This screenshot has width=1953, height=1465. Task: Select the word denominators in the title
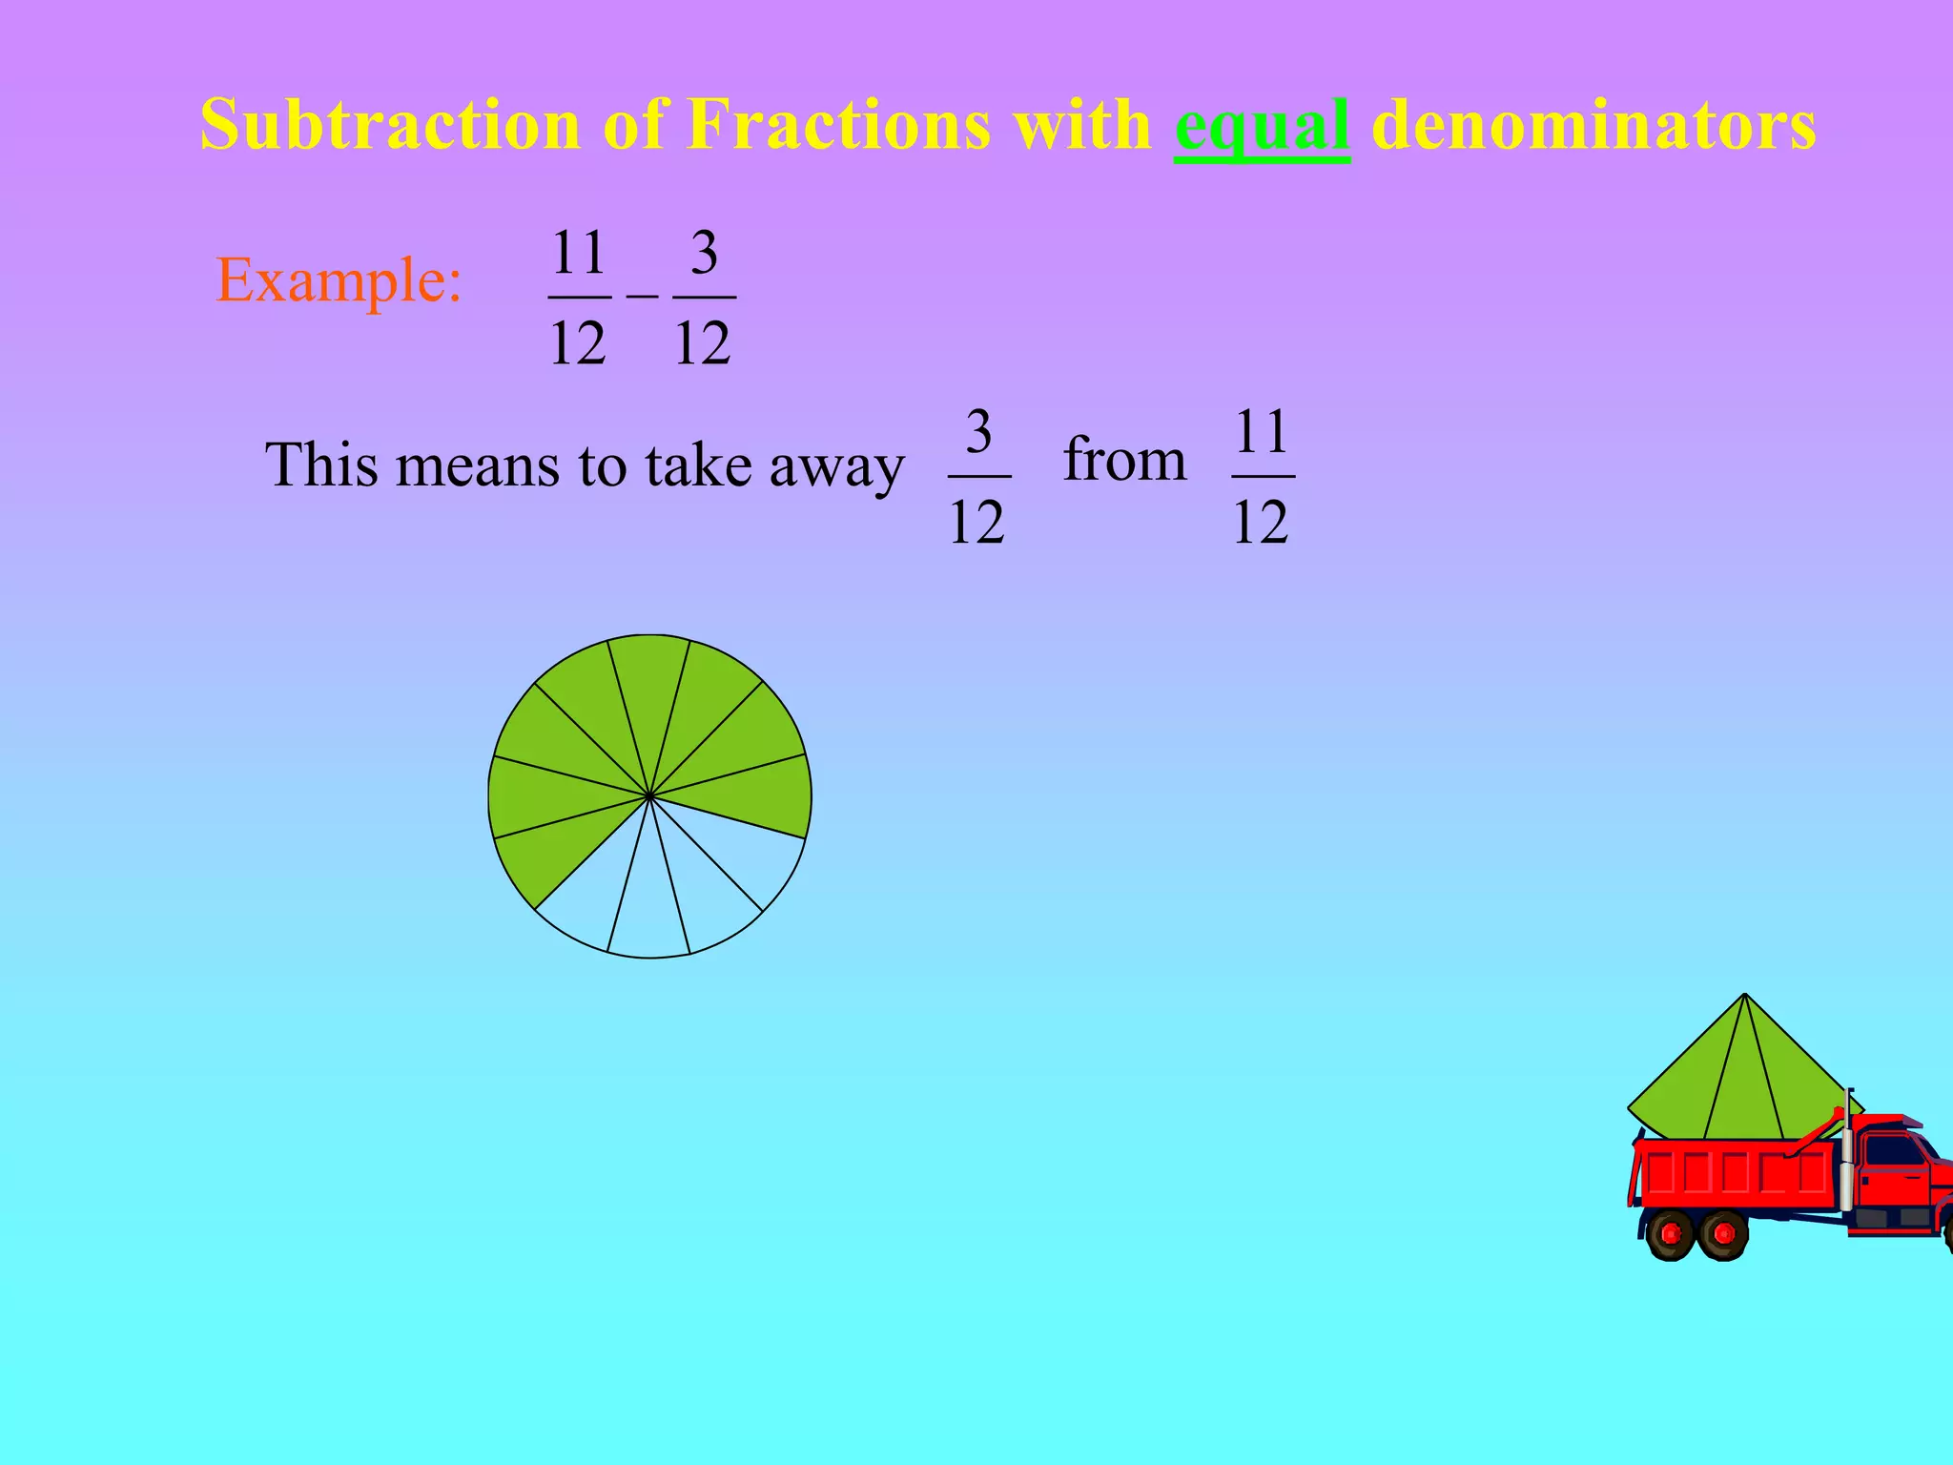pos(1593,126)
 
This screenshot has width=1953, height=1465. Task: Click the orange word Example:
pos(339,281)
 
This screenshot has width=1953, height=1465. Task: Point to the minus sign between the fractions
pos(642,297)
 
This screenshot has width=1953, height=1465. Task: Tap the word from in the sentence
pos(1124,460)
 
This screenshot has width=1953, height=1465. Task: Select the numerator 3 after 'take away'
pos(978,432)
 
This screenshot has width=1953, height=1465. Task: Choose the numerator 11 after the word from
pos(1263,432)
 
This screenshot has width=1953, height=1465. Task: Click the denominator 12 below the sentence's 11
pos(1261,522)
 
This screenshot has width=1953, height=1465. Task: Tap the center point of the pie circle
pos(649,795)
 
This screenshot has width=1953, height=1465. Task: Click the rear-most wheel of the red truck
pos(1671,1234)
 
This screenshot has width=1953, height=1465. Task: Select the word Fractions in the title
pos(839,126)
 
